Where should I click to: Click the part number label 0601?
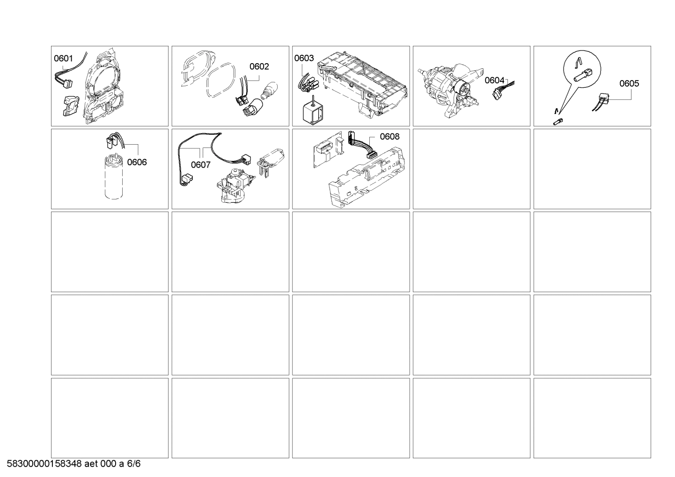(63, 59)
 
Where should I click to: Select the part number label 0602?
(259, 66)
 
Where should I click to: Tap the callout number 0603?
(304, 58)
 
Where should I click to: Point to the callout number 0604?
(494, 81)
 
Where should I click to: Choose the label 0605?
(629, 83)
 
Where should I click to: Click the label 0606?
(137, 162)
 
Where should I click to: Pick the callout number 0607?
(200, 165)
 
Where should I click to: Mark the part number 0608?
(389, 137)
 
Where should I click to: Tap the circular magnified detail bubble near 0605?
(581, 67)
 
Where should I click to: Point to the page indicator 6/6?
(134, 464)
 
